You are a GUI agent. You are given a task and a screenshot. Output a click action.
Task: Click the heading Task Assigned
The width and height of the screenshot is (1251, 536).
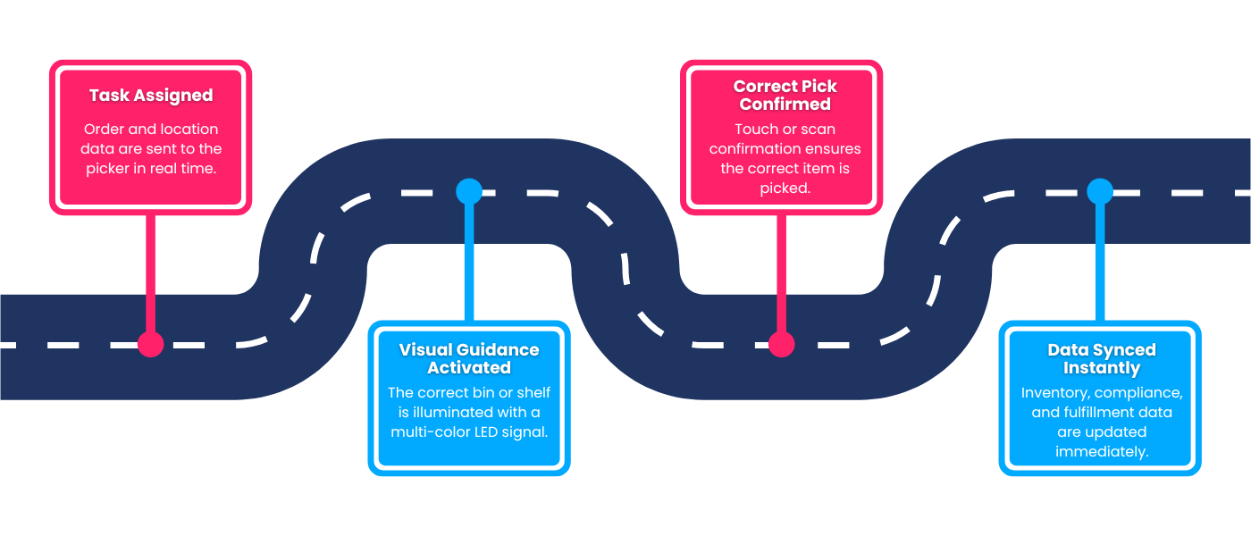click(151, 96)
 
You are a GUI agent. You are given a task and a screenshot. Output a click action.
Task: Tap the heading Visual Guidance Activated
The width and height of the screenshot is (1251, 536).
click(469, 358)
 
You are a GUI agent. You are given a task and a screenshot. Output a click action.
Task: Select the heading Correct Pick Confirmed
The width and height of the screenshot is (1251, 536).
click(785, 95)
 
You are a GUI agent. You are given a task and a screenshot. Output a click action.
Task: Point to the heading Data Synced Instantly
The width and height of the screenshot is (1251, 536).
click(1101, 358)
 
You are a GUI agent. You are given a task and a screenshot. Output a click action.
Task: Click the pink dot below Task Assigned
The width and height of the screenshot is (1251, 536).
click(151, 344)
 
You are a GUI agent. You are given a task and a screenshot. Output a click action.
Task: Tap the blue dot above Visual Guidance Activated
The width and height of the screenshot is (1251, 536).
click(469, 191)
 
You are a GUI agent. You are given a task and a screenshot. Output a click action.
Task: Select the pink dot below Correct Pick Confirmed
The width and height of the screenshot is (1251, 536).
click(782, 344)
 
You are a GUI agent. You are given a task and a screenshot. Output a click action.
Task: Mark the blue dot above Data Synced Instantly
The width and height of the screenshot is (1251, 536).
click(1100, 191)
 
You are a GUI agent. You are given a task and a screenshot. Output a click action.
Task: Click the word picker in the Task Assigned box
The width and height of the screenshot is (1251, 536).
click(108, 168)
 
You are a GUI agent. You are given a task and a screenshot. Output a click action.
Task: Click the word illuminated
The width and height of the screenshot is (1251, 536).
click(466, 413)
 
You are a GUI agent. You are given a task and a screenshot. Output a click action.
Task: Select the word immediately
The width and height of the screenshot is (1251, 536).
click(1101, 452)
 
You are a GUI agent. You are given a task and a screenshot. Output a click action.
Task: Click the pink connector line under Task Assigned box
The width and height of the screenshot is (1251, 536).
click(151, 268)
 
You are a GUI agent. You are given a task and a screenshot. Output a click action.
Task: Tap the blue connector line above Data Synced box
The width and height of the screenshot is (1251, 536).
click(1100, 259)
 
